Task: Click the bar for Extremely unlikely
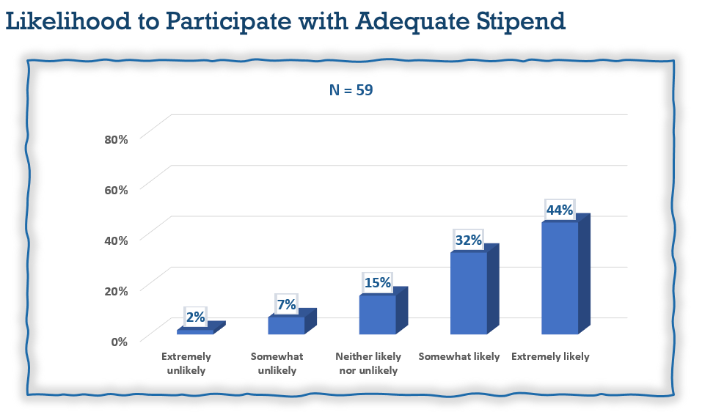194,331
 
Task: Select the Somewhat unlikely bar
286,325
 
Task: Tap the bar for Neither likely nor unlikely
377,314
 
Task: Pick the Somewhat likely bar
468,293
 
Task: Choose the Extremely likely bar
559,278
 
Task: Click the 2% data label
195,317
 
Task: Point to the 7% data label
286,304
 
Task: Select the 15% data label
377,282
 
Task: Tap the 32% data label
468,240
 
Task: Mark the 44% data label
559,210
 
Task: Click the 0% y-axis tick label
118,341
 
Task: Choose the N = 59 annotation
351,92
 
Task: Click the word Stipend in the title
519,21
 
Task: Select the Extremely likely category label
550,357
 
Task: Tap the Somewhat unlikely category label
277,364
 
